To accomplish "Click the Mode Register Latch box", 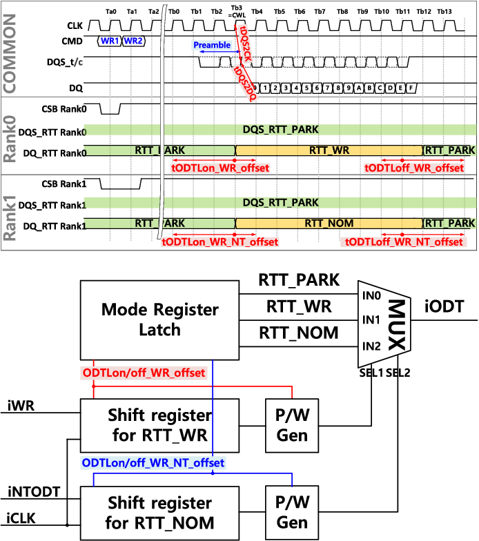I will [x=160, y=319].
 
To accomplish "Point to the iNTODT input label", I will [x=34, y=492].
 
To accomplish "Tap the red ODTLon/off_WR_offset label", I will [x=144, y=373].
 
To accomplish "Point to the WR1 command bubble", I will [x=110, y=41].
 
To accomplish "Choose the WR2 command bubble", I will [x=133, y=41].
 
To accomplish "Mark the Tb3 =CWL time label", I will [x=237, y=12].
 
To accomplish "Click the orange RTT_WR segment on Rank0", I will [x=329, y=150].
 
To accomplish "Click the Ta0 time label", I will [x=111, y=12].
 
